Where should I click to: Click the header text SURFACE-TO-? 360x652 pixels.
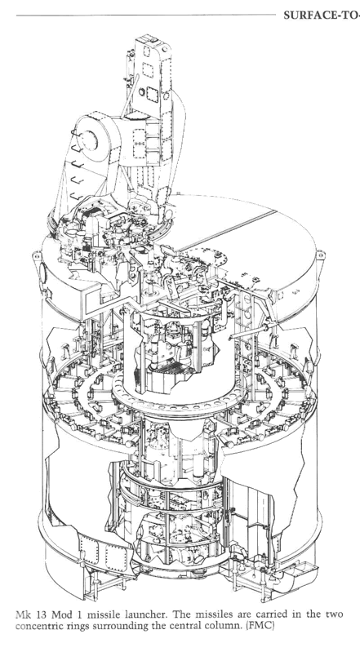point(322,16)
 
